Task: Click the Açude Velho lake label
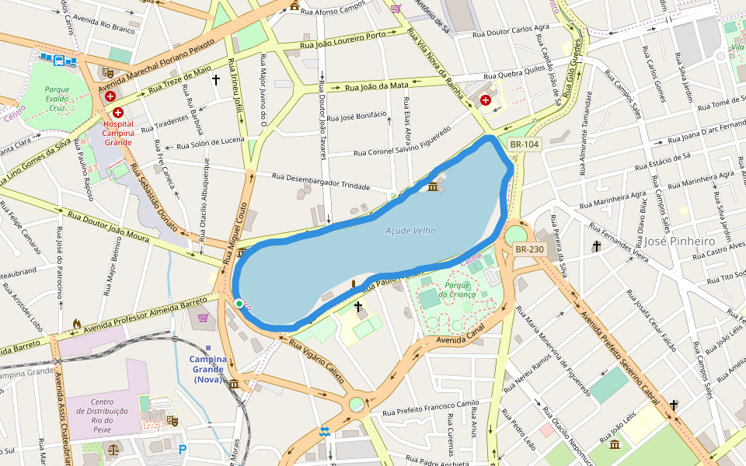coord(410,231)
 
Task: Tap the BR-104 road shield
coord(525,144)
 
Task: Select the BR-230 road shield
coord(530,249)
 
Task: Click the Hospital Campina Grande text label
coord(118,128)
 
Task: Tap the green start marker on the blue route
coord(239,303)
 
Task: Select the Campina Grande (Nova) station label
coord(208,369)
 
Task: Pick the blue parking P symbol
coord(183,450)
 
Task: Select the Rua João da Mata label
coord(377,85)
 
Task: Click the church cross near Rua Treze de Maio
coord(216,79)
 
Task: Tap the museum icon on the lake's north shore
coord(433,186)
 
